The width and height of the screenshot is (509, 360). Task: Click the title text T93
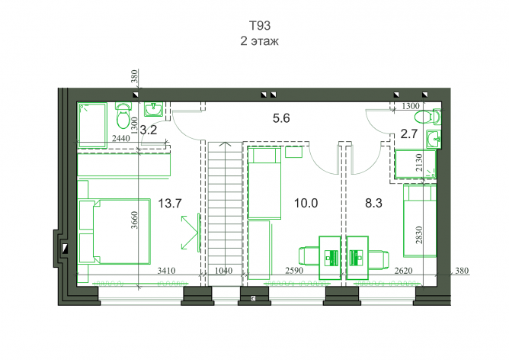coord(259,25)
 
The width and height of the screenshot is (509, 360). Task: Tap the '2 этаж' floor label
coord(259,41)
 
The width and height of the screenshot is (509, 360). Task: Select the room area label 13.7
coord(170,204)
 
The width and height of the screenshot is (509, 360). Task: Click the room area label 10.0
coord(306,203)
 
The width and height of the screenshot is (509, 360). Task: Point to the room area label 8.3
coord(373,203)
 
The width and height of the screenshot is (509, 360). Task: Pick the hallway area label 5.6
coord(281,118)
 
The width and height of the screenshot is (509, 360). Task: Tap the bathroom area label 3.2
coord(149,130)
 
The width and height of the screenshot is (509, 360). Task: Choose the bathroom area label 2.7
coord(408,133)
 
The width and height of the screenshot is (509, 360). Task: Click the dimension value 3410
coord(167,270)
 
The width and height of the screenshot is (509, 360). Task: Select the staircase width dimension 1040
coord(224,270)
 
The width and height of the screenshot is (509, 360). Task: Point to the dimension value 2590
coord(294,270)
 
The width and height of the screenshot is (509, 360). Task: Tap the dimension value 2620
coord(403,270)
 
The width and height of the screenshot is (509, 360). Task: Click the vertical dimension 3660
coord(134,220)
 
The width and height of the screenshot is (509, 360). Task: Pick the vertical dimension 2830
coord(419,235)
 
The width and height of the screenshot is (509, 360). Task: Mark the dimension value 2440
coord(120,138)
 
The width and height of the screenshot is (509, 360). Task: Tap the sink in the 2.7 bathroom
coord(433,139)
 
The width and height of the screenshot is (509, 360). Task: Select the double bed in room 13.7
coord(115,232)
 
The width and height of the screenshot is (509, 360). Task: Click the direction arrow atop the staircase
coord(226,144)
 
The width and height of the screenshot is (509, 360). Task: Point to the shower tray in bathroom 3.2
coord(93,125)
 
